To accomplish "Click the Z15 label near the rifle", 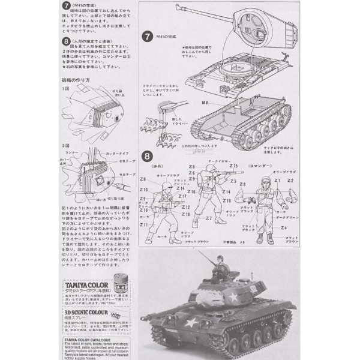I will tap(233, 166).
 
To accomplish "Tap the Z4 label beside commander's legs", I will tap(283, 229).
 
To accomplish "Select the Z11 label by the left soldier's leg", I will tap(144, 224).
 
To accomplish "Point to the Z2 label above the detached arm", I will tap(290, 179).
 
